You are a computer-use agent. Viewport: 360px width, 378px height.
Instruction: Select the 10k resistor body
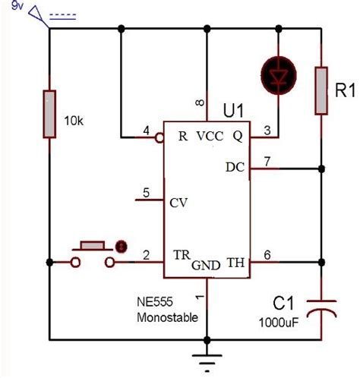click(49, 114)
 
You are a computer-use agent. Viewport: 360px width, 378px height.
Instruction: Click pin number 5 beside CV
click(146, 193)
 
